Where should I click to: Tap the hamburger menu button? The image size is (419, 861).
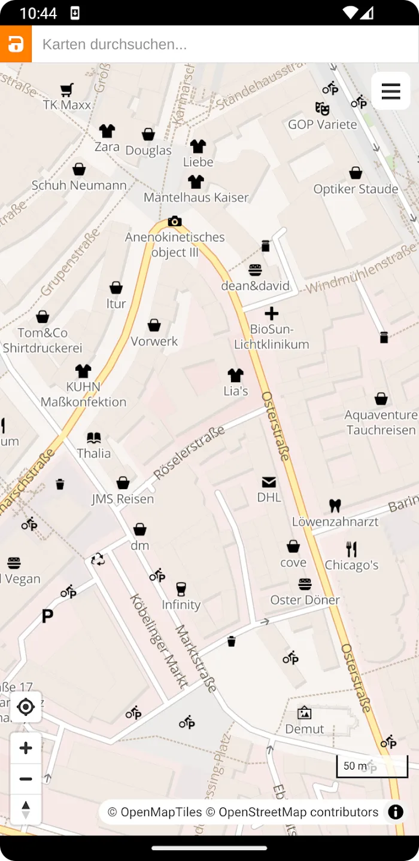point(390,91)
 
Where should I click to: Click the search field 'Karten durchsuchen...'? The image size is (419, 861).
point(224,44)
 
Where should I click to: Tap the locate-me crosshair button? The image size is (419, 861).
point(26,707)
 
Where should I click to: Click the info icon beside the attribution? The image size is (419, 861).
point(396,812)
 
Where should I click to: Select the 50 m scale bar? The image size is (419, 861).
point(372,767)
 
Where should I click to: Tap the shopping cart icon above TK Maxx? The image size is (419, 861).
point(66,90)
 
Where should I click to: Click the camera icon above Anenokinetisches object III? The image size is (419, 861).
point(175,222)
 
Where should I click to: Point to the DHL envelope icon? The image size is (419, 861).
point(269,482)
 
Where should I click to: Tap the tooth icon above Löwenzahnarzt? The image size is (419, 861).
point(335,506)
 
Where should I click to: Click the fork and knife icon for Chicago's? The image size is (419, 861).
point(351,549)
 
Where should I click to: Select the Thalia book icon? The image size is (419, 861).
point(94,438)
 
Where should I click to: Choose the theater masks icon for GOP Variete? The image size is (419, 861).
point(322,109)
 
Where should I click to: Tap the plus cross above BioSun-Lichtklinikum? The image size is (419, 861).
point(272,313)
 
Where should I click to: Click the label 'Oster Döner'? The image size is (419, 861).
point(305,600)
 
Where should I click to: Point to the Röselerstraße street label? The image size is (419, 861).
point(189,453)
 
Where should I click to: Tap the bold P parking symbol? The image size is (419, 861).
point(47,616)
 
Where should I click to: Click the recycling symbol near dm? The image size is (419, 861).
point(98,560)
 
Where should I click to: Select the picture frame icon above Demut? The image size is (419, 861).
point(304,713)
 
